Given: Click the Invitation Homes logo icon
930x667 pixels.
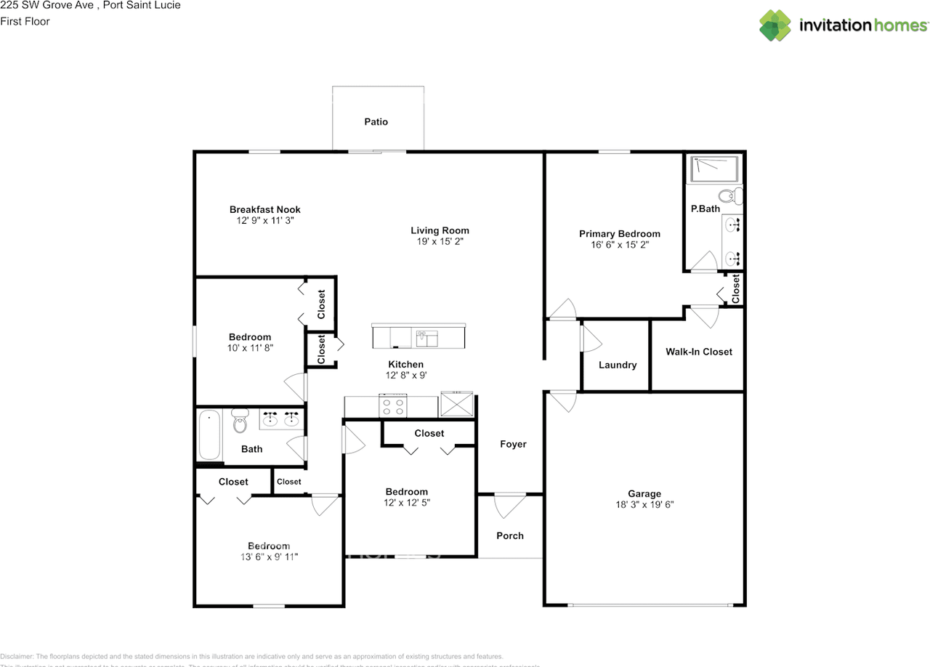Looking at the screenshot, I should pyautogui.click(x=775, y=25).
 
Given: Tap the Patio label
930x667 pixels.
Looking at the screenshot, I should pyautogui.click(x=376, y=122).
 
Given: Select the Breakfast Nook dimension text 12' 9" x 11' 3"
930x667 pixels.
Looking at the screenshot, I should pyautogui.click(x=265, y=220).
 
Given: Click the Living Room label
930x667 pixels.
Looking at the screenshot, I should pyautogui.click(x=440, y=230).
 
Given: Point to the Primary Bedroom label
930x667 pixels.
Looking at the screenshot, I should pyautogui.click(x=619, y=234).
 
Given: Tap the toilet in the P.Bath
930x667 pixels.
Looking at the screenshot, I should pyautogui.click(x=728, y=195).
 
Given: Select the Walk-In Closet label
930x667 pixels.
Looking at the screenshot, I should pyautogui.click(x=698, y=352).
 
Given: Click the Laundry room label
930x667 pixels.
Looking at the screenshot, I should pyautogui.click(x=617, y=365).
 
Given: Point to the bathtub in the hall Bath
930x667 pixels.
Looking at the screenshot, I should pyautogui.click(x=209, y=436).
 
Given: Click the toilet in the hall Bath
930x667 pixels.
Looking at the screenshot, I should pyautogui.click(x=240, y=422).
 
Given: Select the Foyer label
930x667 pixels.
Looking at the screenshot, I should pyautogui.click(x=513, y=444).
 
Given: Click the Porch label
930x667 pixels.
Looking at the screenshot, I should pyautogui.click(x=509, y=535).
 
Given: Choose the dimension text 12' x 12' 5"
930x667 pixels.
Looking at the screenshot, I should pyautogui.click(x=406, y=502).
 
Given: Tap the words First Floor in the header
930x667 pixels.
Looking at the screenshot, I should pyautogui.click(x=25, y=21).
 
